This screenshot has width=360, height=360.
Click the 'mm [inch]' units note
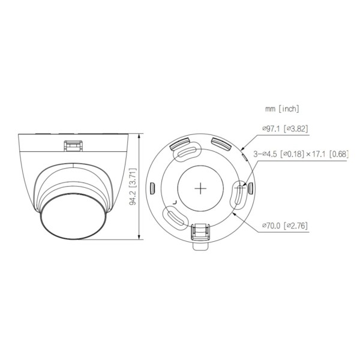tap(283, 109)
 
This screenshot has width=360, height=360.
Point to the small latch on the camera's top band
tap(74, 144)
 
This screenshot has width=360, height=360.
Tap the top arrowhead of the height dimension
tap(140, 136)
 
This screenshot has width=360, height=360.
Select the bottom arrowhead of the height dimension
tap(140, 239)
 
